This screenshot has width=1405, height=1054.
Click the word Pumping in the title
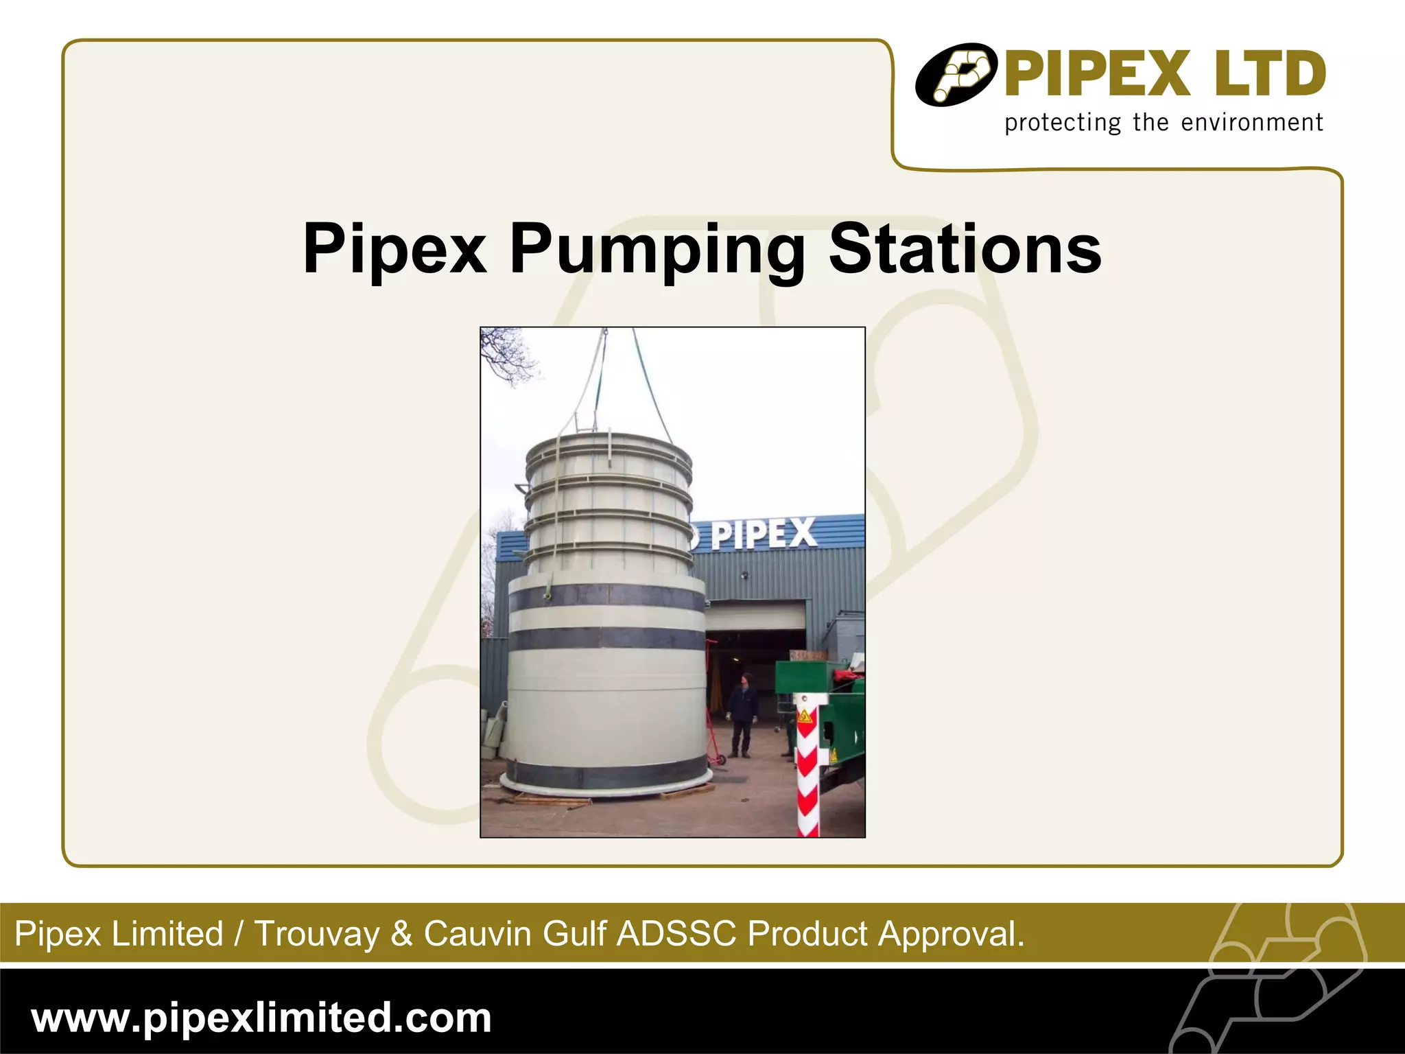pyautogui.click(x=657, y=250)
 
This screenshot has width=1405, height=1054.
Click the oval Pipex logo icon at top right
pyautogui.click(x=956, y=75)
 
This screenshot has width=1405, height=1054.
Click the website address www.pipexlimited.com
pyautogui.click(x=261, y=1017)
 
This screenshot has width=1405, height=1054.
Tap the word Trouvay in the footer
pyautogui.click(x=316, y=934)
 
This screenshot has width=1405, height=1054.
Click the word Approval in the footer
pyautogui.click(x=952, y=934)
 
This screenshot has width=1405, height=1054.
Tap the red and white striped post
pyautogui.click(x=807, y=775)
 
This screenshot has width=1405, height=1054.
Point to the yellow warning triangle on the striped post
pyautogui.click(x=804, y=718)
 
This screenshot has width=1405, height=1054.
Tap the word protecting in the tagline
pyautogui.click(x=1063, y=124)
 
